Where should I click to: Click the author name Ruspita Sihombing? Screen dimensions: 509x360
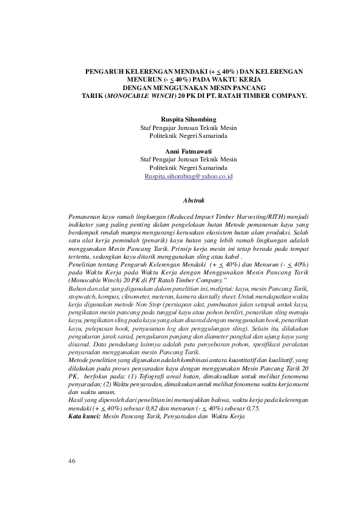point(188,120)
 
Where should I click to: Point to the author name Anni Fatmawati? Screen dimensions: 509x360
point(188,151)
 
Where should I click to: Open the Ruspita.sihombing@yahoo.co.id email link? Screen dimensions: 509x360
point(188,176)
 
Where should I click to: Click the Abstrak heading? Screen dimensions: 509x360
point(194,199)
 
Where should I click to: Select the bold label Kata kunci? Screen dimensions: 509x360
point(85,417)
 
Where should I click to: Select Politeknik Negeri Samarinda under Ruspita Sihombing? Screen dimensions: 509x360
point(188,136)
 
